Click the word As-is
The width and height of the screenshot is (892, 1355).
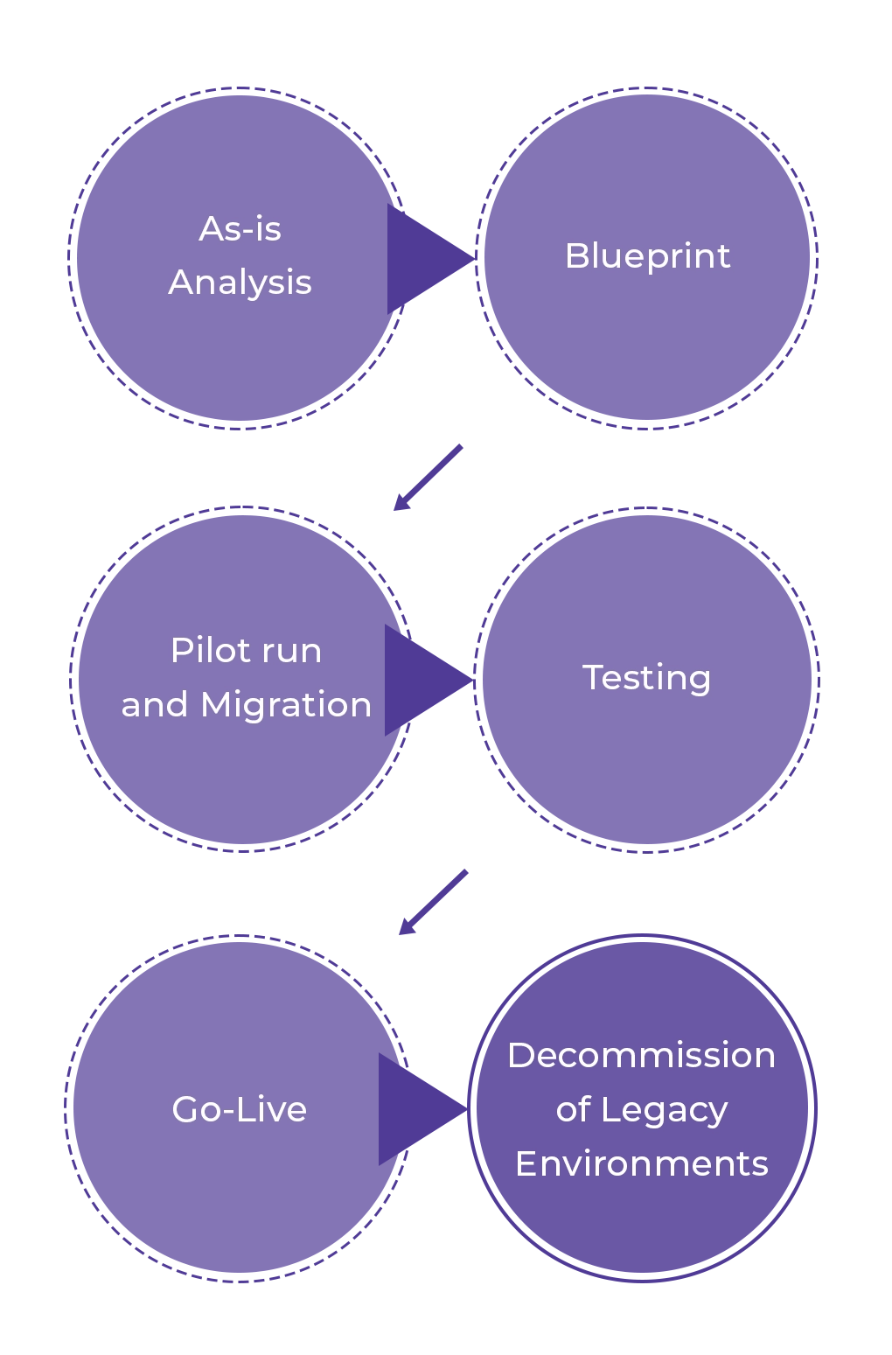click(x=240, y=229)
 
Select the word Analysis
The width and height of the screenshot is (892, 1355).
click(x=240, y=283)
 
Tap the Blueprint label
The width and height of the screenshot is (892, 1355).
click(x=647, y=256)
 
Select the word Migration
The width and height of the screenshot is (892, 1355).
click(x=286, y=705)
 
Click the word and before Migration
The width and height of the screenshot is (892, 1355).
click(x=154, y=705)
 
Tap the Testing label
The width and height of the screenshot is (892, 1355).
click(x=646, y=678)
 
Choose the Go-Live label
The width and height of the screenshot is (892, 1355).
click(x=239, y=1109)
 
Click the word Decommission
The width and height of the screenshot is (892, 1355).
click(x=641, y=1056)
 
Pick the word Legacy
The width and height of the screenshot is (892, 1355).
click(x=664, y=1111)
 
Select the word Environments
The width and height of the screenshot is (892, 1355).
click(x=641, y=1164)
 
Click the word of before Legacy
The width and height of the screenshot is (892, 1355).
click(x=573, y=1110)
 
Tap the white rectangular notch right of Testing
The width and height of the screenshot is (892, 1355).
click(x=856, y=679)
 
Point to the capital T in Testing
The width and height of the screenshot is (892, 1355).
click(x=592, y=677)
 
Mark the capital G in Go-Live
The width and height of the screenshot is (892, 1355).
click(x=185, y=1109)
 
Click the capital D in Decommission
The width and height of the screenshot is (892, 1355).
click(x=520, y=1056)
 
